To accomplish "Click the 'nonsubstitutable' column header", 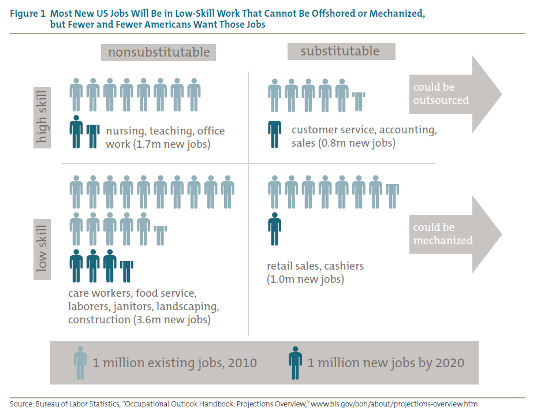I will [x=159, y=52].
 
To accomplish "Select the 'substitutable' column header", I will [x=341, y=51].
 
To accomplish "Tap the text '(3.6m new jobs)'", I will [x=171, y=319].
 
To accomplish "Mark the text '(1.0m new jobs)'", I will [x=305, y=279].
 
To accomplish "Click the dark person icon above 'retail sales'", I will [x=275, y=229].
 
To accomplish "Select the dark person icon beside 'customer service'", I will [x=275, y=134].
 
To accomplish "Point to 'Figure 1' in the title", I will [x=27, y=13].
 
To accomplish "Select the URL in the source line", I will [x=394, y=404].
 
